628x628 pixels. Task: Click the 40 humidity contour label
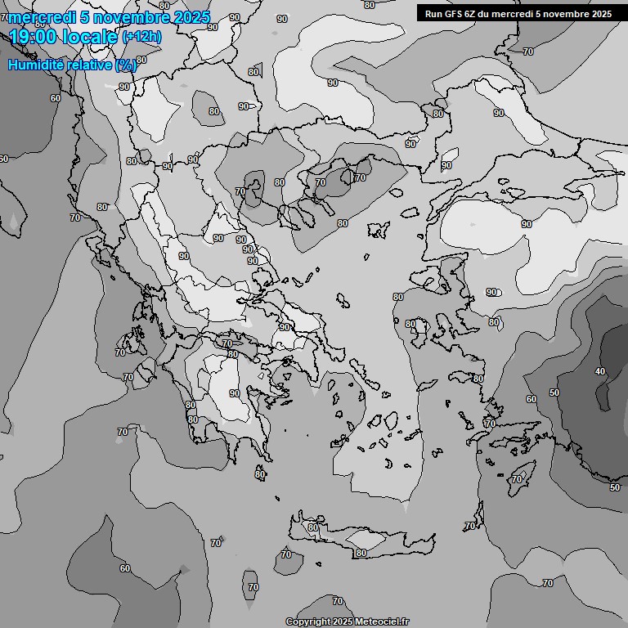pyautogui.click(x=600, y=371)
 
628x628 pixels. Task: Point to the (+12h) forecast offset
pyautogui.click(x=141, y=36)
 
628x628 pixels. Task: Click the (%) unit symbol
pyautogui.click(x=126, y=65)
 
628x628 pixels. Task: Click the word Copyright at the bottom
pyautogui.click(x=307, y=622)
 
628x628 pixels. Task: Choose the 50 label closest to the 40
pyautogui.click(x=554, y=392)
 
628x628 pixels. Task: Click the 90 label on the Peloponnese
pyautogui.click(x=235, y=393)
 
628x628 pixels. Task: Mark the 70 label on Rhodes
pyautogui.click(x=516, y=478)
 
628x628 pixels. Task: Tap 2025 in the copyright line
pyautogui.click(x=343, y=622)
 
